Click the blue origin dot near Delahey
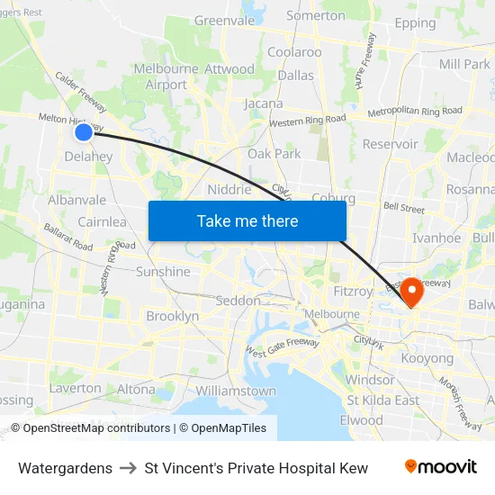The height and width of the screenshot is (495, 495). [83, 132]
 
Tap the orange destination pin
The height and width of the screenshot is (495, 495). [412, 290]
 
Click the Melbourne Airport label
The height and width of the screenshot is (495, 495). [166, 76]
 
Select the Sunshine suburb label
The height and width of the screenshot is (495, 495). [163, 272]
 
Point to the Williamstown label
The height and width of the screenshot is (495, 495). [236, 391]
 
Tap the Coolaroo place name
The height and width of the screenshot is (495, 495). [294, 52]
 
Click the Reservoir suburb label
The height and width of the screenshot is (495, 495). [390, 144]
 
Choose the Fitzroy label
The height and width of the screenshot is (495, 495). [352, 292]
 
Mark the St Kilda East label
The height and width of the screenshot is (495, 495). [383, 400]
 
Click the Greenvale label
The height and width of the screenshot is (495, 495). [224, 20]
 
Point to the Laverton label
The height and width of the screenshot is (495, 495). [76, 389]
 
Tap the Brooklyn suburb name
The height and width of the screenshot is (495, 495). [172, 317]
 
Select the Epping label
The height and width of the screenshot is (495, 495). [415, 23]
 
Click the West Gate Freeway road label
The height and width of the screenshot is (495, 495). [282, 346]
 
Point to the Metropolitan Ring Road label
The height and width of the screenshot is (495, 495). [415, 112]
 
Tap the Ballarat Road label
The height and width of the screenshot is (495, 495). [68, 237]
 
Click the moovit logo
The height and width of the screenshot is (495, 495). [441, 467]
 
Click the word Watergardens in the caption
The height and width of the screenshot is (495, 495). [65, 468]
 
